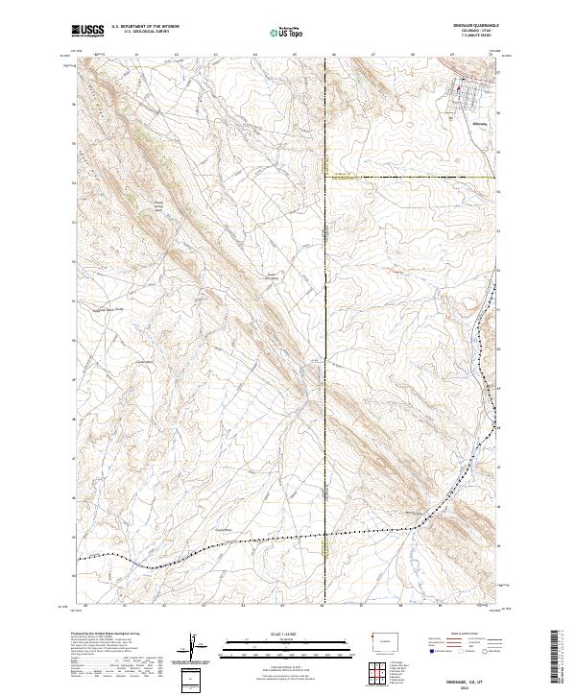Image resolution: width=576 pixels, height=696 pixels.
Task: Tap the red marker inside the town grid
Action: (458, 90)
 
